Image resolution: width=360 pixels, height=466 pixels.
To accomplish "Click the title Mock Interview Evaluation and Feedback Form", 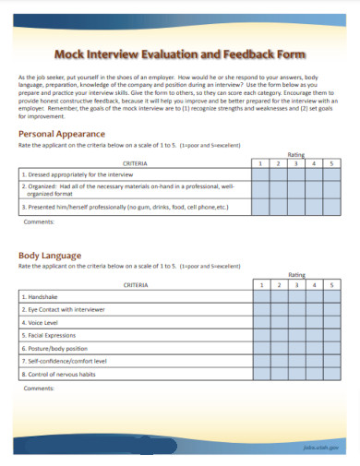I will [180, 54].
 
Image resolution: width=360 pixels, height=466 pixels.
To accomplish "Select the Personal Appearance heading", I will [62, 134].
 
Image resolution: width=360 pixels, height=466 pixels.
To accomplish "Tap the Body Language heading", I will [50, 255].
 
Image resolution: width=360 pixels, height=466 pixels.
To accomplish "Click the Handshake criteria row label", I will [40, 297].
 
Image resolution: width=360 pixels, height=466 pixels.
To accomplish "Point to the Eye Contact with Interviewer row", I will [64, 310].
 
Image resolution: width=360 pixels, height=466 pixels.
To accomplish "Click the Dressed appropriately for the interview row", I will [73, 173].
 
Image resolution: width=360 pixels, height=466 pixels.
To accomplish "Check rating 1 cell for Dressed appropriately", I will [262, 173].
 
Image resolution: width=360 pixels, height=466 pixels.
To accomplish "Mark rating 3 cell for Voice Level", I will [296, 323].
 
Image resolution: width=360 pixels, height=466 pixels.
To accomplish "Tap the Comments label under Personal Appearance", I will [39, 222].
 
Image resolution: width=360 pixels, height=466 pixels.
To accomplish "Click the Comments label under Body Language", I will [39, 388].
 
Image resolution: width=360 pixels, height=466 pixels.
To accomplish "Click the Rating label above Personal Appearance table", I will [296, 154].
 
